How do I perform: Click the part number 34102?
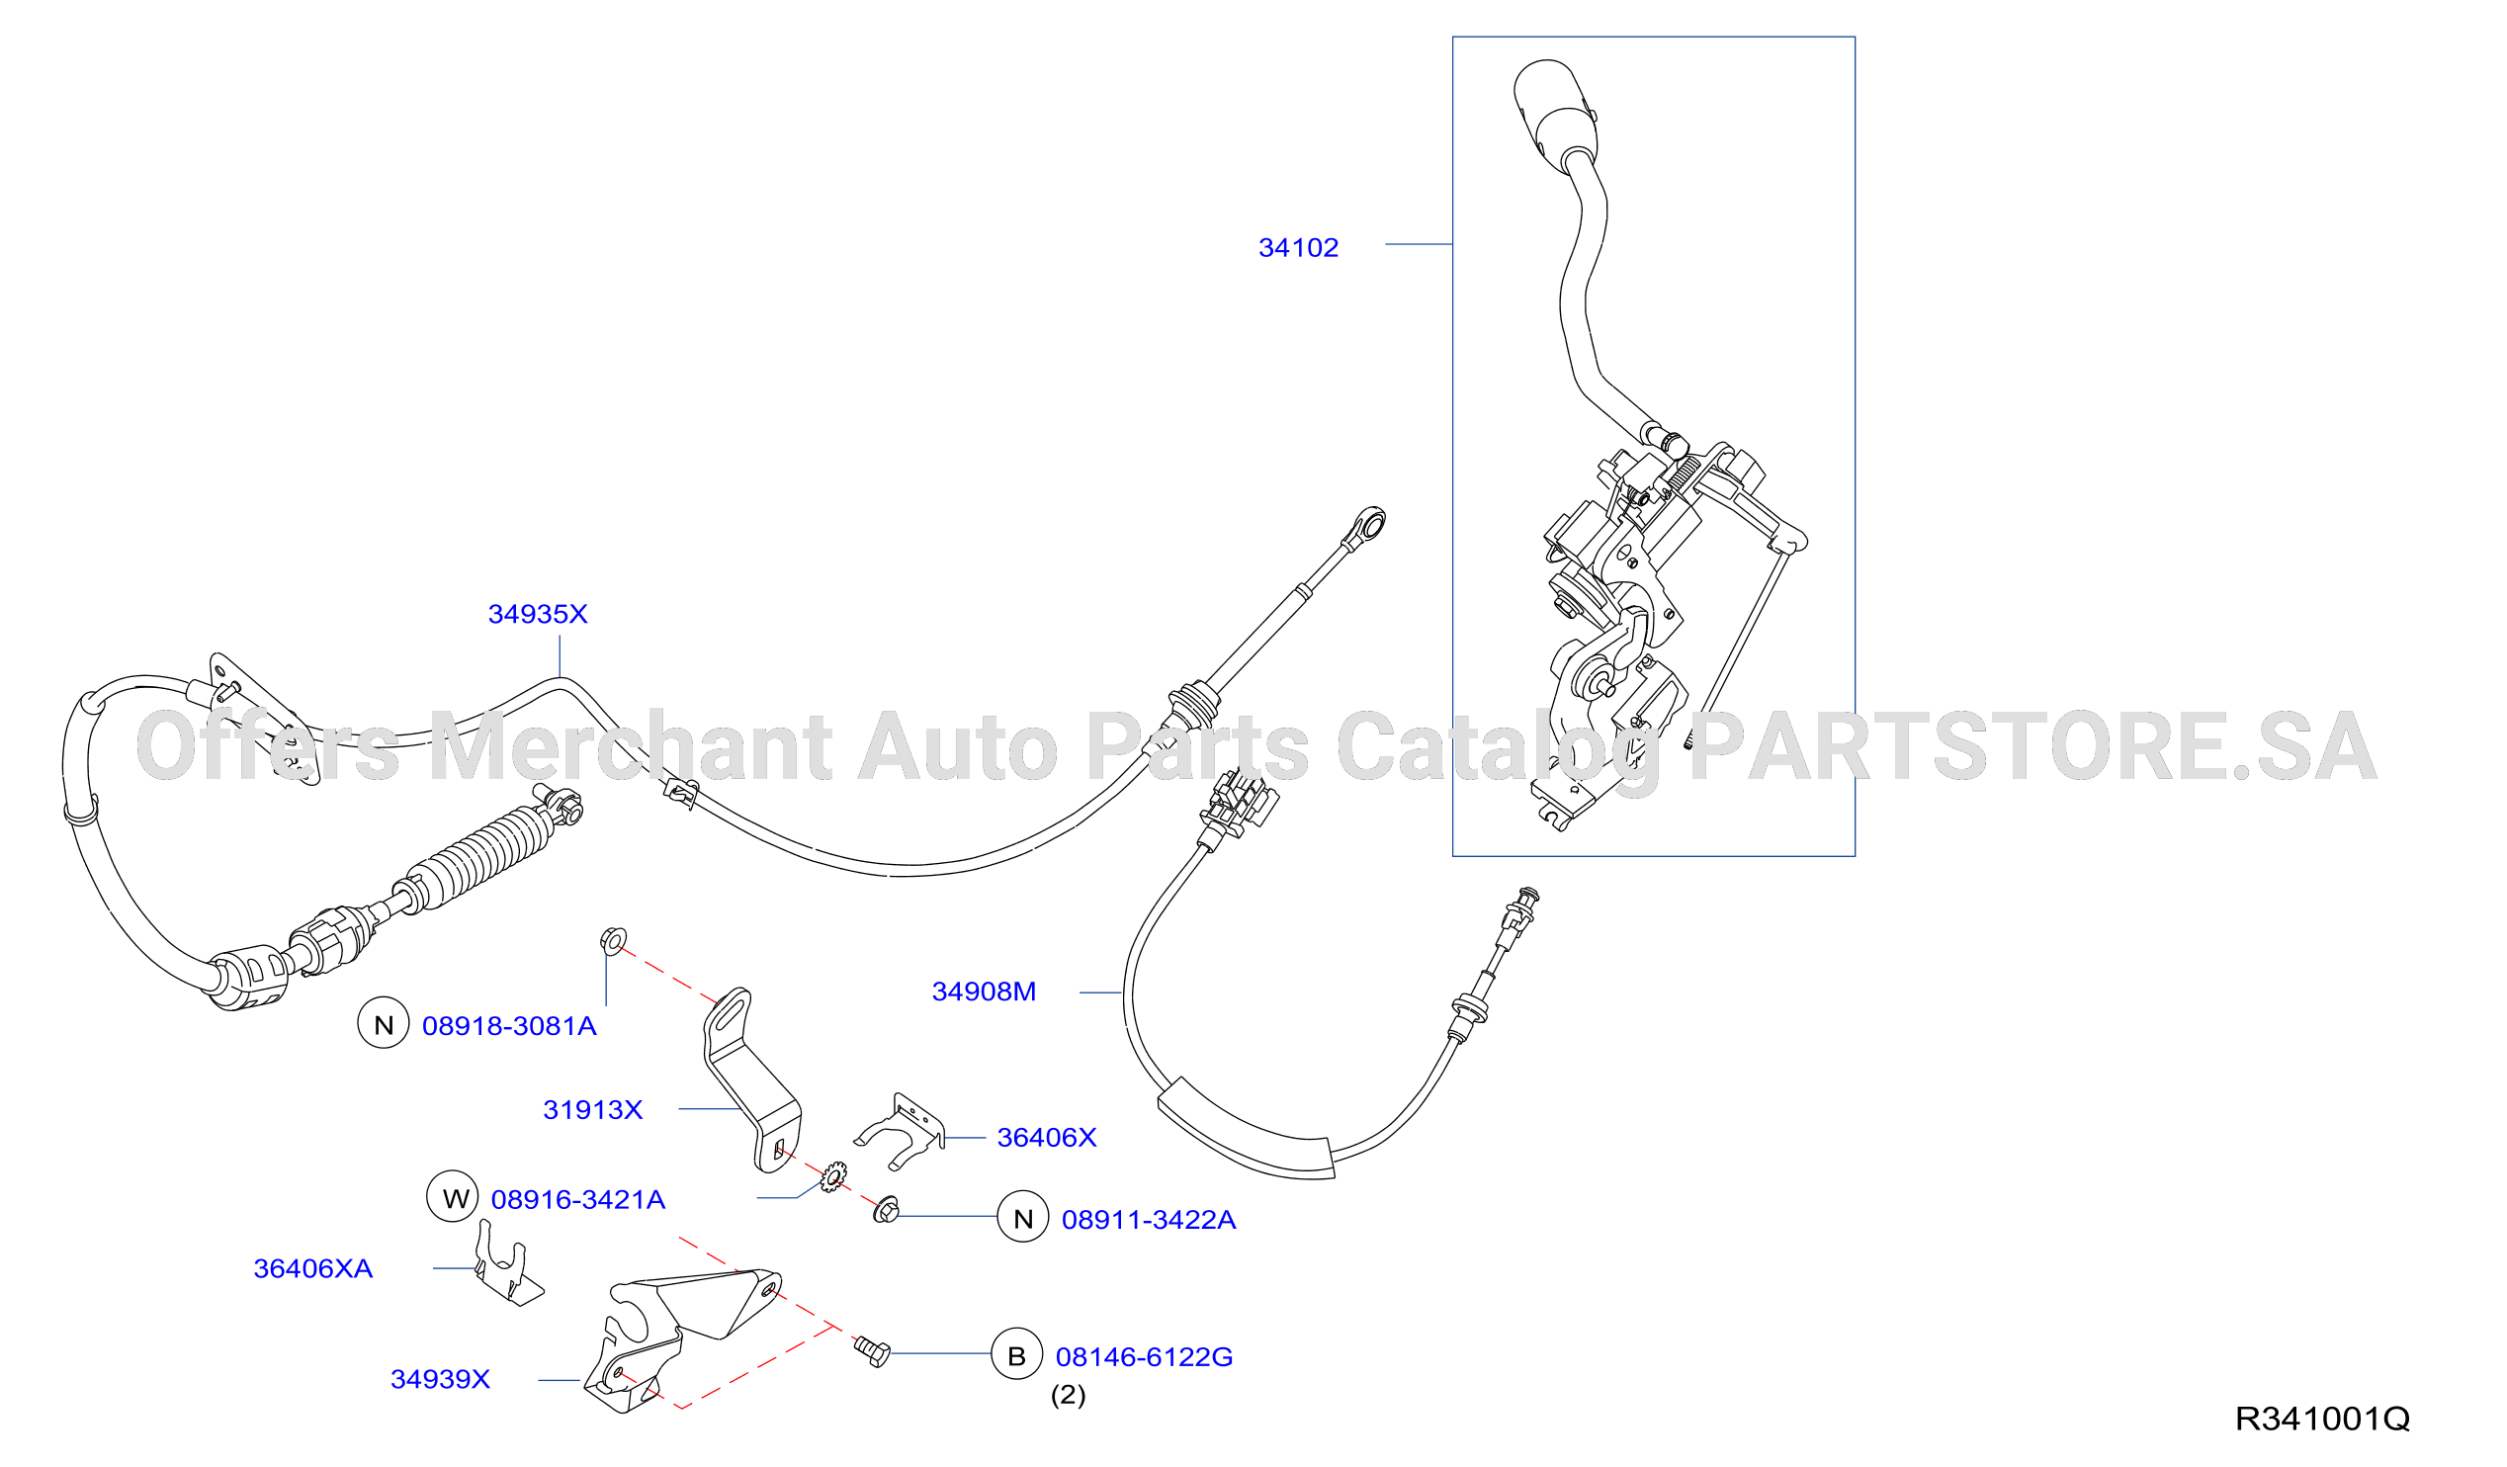(1298, 248)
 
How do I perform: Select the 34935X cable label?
(537, 614)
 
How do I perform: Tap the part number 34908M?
(984, 992)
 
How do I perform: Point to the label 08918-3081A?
(509, 1026)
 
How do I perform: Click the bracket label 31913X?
(593, 1110)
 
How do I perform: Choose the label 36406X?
(1047, 1138)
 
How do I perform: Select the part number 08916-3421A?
(578, 1199)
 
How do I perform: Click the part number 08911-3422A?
(1149, 1219)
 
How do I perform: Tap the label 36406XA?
(313, 1269)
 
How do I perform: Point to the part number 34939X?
(441, 1379)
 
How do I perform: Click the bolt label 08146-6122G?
(1144, 1356)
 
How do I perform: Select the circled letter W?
(453, 1196)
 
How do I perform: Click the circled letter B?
(1016, 1353)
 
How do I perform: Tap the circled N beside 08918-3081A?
(384, 1023)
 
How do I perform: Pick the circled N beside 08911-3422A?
(1024, 1216)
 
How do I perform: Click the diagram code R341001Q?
(2323, 1420)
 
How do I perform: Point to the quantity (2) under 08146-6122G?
(1069, 1396)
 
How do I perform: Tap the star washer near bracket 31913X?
(833, 1177)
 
